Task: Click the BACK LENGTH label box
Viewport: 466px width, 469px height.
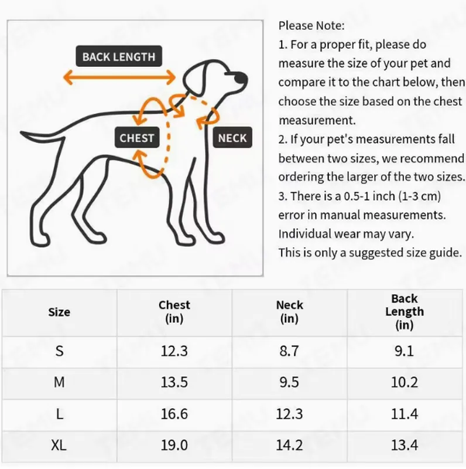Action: [x=119, y=57]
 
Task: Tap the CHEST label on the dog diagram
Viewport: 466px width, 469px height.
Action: [x=136, y=138]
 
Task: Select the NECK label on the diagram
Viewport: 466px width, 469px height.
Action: [x=232, y=138]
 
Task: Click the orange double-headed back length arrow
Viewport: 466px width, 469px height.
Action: [x=119, y=77]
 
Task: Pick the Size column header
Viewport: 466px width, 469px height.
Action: [x=59, y=312]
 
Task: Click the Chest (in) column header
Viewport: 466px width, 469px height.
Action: [x=174, y=312]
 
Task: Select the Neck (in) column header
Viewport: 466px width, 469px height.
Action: [x=290, y=312]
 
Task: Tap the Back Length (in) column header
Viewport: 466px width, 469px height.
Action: [x=405, y=312]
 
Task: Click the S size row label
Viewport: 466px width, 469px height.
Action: [x=59, y=351]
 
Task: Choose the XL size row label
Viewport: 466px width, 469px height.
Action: [x=59, y=446]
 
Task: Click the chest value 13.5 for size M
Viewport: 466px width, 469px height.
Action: [x=174, y=383]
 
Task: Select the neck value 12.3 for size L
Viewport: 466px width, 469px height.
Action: [x=290, y=414]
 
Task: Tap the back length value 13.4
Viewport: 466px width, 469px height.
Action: [x=405, y=446]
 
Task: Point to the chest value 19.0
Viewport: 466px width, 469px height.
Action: [x=174, y=446]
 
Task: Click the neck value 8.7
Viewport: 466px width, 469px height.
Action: [x=290, y=351]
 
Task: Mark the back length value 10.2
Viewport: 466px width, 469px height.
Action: [x=405, y=383]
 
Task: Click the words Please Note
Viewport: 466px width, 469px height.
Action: [x=311, y=26]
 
